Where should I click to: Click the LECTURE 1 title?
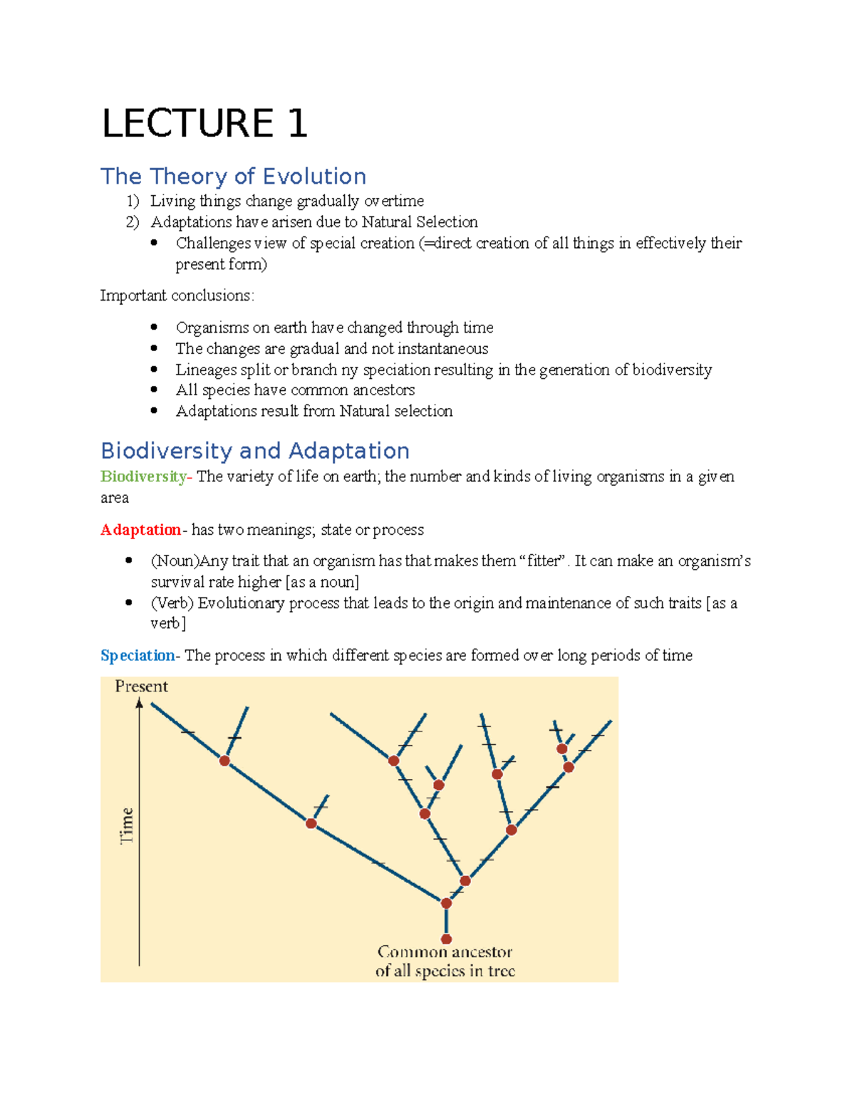[204, 123]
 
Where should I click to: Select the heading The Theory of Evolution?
[233, 176]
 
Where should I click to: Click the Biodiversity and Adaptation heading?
[254, 451]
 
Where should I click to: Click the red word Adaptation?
[140, 530]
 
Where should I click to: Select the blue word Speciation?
[138, 655]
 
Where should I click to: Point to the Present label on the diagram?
[141, 687]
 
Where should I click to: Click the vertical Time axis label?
[127, 825]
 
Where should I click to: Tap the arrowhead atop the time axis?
[140, 704]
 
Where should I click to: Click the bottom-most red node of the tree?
[446, 939]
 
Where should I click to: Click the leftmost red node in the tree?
[224, 761]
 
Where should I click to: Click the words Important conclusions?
[177, 296]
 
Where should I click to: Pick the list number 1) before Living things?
[133, 202]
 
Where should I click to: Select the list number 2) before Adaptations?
[133, 222]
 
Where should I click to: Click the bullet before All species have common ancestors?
[154, 390]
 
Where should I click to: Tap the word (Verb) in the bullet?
[172, 603]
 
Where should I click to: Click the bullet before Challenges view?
[154, 243]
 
